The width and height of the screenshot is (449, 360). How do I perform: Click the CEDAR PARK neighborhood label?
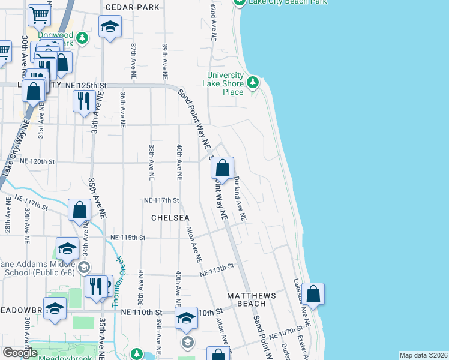133,7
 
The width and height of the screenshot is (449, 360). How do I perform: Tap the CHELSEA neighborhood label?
170,217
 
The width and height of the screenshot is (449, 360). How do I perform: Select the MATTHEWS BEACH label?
251,300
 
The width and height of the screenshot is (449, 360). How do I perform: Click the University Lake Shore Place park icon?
253,81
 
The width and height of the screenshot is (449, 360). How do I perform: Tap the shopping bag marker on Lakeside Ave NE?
313,294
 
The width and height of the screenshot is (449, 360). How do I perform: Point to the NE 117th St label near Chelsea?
162,200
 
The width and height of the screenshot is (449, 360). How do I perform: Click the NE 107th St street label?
285,335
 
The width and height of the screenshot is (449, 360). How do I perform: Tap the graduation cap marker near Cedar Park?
110,26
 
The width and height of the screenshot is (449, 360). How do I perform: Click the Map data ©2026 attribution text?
423,355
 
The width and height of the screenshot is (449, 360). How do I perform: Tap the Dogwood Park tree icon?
83,38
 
